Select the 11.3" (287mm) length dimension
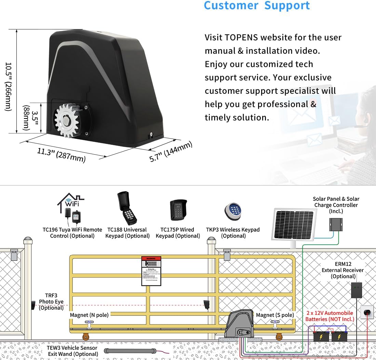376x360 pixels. (x=62, y=155)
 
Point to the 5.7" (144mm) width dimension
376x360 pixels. (x=171, y=152)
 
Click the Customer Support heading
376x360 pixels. (x=257, y=6)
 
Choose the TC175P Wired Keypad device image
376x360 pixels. (x=178, y=210)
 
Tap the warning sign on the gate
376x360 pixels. (x=151, y=270)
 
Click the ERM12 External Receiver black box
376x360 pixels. (x=357, y=290)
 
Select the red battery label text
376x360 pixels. (x=330, y=316)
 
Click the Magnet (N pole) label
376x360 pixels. (x=89, y=315)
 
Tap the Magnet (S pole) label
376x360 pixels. (x=275, y=315)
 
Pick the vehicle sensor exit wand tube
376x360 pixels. (x=130, y=351)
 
